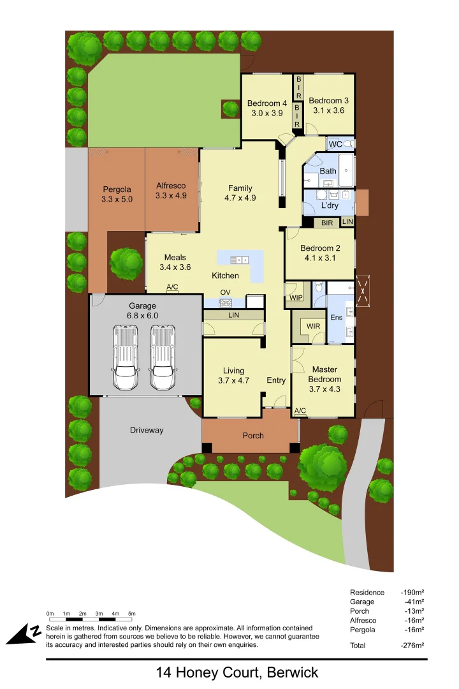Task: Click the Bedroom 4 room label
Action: tap(267, 103)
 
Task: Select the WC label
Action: tap(335, 145)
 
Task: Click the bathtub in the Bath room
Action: tap(346, 170)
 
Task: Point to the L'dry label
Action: tap(330, 205)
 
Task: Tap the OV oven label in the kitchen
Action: tap(225, 293)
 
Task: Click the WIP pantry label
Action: tap(296, 297)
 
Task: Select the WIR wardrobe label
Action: tap(313, 327)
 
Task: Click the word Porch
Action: tap(253, 436)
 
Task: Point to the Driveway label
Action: tap(147, 430)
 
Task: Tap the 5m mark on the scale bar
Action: tap(132, 613)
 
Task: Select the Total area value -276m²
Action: tap(412, 645)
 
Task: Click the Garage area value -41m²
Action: tap(414, 602)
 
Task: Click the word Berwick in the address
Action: tap(293, 672)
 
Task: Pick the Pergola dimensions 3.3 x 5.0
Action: tap(117, 199)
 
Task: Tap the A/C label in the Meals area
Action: tap(172, 288)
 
